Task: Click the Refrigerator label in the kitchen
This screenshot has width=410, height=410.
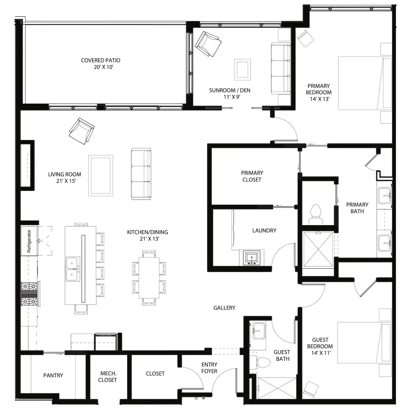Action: coord(29,241)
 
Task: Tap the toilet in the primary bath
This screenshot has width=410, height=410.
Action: coord(316,214)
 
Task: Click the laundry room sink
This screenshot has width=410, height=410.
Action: coord(251,258)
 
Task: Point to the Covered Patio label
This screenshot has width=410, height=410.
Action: coord(101,64)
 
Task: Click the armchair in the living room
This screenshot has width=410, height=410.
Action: coord(82,131)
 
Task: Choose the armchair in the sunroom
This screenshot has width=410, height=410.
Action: coord(208,44)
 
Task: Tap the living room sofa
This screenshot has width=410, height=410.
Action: coord(141,174)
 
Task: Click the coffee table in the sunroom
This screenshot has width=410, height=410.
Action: coord(242,70)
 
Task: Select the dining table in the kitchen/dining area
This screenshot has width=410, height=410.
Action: coord(149,278)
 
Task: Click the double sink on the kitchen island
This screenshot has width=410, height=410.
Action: coord(73,269)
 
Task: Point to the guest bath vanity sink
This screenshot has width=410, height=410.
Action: coord(259,331)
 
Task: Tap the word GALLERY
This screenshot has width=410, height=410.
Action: coord(224,308)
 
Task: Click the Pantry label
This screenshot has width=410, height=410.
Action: coord(53,375)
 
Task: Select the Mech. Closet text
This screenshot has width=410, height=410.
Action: coord(107,377)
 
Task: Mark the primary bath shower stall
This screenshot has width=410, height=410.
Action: coord(318,249)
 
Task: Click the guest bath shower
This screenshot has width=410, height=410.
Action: coord(277,388)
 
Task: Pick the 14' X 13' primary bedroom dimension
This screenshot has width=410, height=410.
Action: coord(320,99)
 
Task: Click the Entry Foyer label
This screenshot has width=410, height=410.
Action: coord(209,368)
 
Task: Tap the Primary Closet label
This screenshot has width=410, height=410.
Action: coord(252,176)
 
